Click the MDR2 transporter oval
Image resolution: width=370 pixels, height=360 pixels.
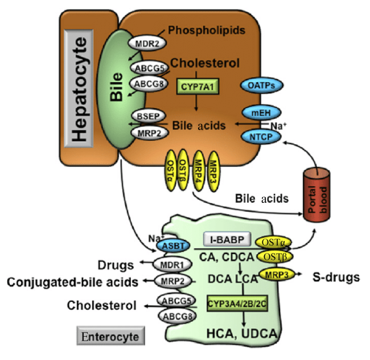pyautogui.click(x=147, y=43)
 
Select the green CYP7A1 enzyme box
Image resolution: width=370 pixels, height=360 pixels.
pyautogui.click(x=198, y=87)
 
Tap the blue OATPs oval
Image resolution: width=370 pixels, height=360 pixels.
pyautogui.click(x=261, y=85)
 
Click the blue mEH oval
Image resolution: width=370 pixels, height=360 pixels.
pyautogui.click(x=261, y=113)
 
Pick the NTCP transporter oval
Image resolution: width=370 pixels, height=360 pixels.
pyautogui.click(x=261, y=137)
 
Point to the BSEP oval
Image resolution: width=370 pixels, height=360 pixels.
pyautogui.click(x=149, y=116)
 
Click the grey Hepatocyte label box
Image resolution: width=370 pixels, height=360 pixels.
pyautogui.click(x=79, y=88)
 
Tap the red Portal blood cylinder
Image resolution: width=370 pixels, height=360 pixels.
pyautogui.click(x=316, y=194)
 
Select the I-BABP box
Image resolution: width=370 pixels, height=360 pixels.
pyautogui.click(x=227, y=239)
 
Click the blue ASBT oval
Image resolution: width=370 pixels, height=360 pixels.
pyautogui.click(x=173, y=246)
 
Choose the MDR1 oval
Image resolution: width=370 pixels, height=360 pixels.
pyautogui.click(x=172, y=265)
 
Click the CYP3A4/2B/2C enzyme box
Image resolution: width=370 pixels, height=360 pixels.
pyautogui.click(x=237, y=304)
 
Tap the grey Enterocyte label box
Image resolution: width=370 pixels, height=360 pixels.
pyautogui.click(x=110, y=336)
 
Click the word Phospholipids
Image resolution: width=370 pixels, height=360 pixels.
pyautogui.click(x=207, y=30)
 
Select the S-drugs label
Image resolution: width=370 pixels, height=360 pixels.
pyautogui.click(x=336, y=277)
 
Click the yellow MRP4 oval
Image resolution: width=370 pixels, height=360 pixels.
pyautogui.click(x=199, y=170)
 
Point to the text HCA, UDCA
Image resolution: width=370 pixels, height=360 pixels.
pyautogui.click(x=242, y=333)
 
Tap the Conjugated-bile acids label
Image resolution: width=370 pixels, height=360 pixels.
pyautogui.click(x=72, y=282)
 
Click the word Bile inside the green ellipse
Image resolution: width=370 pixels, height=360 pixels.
pyautogui.click(x=117, y=87)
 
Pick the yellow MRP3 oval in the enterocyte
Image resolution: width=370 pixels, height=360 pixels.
pyautogui.click(x=277, y=275)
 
